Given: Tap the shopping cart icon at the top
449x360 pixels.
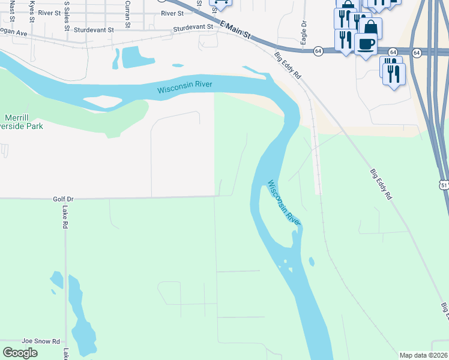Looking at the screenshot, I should pyautogui.click(x=220, y=2).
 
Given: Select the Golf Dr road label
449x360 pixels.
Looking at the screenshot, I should pyautogui.click(x=63, y=199).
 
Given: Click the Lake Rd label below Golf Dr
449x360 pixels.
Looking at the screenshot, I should pyautogui.click(x=65, y=217).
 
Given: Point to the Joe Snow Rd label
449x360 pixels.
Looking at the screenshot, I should pyautogui.click(x=41, y=340).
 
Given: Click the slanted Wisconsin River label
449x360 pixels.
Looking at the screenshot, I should pyautogui.click(x=284, y=203).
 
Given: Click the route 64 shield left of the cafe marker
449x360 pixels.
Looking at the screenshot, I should pyautogui.click(x=318, y=52).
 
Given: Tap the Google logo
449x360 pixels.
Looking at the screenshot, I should pyautogui.click(x=20, y=353).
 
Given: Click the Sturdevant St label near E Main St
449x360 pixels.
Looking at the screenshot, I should pyautogui.click(x=193, y=28).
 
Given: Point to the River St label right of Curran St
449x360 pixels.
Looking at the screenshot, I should pyautogui.click(x=172, y=13).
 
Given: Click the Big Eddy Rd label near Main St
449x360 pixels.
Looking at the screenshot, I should pyautogui.click(x=288, y=64).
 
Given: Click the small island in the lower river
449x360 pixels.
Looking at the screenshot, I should pyautogui.click(x=311, y=262).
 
